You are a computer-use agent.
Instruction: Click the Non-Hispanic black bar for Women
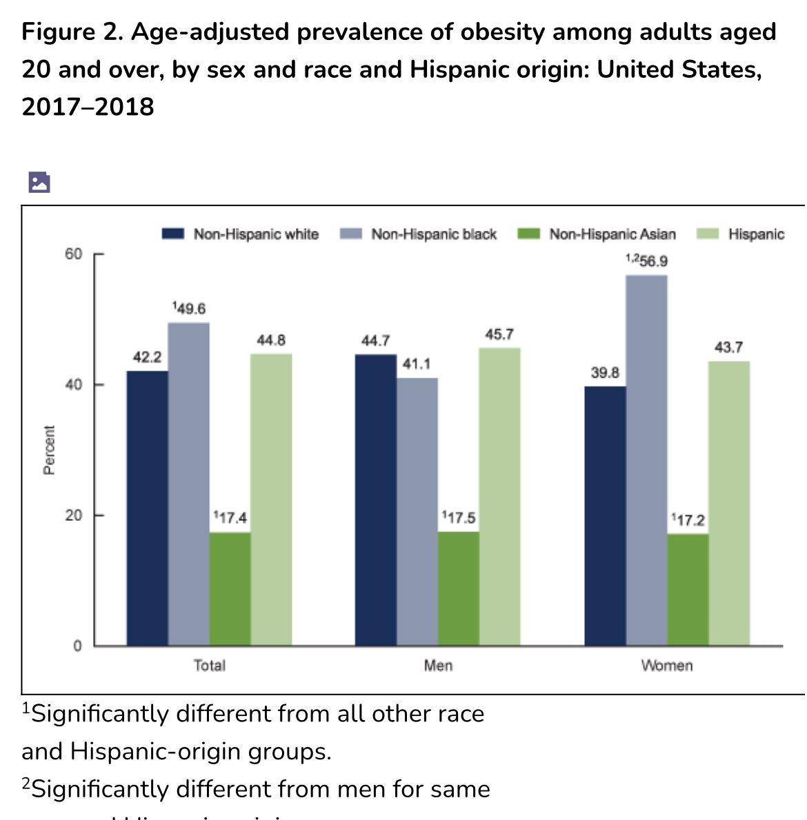pos(646,460)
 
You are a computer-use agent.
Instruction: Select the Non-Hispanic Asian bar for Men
pos(459,588)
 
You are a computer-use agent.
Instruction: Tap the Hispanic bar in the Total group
pos(271,500)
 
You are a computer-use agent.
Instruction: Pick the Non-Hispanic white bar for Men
pos(376,500)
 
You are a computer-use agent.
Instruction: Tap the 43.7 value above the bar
pos(728,347)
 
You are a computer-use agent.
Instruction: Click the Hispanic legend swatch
pos(710,234)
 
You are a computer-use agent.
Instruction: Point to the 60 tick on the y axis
pos(74,254)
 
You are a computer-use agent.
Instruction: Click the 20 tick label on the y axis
pos(74,515)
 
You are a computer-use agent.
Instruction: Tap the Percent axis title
pos(49,450)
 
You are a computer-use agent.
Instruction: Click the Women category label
pos(666,666)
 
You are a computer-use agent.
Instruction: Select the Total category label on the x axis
pos(209,666)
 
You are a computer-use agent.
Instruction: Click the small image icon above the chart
pos(39,182)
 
